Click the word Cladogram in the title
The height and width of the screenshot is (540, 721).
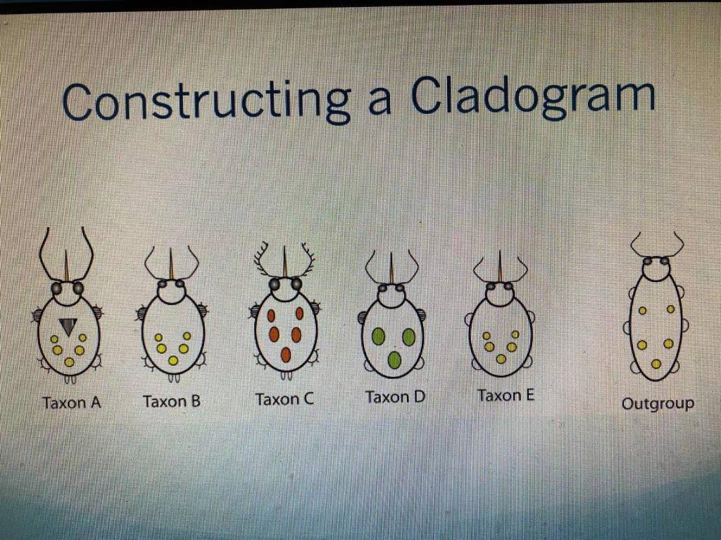tap(533, 98)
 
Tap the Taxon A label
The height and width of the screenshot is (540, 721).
tap(71, 403)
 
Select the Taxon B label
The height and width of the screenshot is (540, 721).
tap(172, 401)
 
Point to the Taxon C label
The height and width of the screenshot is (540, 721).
tap(284, 399)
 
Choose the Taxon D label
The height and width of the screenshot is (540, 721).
tap(395, 397)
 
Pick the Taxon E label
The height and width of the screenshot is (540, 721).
tap(506, 395)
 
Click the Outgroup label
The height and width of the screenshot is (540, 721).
tap(658, 404)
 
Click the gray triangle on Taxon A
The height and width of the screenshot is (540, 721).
tap(68, 326)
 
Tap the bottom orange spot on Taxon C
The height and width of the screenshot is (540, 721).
tap(286, 354)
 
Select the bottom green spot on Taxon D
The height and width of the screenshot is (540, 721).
tap(394, 360)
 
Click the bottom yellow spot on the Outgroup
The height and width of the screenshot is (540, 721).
tap(656, 364)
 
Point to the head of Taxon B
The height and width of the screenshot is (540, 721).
tap(171, 291)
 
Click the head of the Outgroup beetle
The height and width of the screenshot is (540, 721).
tap(656, 265)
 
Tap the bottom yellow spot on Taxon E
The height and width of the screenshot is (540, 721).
tap(501, 359)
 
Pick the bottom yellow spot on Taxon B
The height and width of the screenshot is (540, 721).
tap(173, 361)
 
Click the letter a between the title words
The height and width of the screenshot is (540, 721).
tap(380, 103)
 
